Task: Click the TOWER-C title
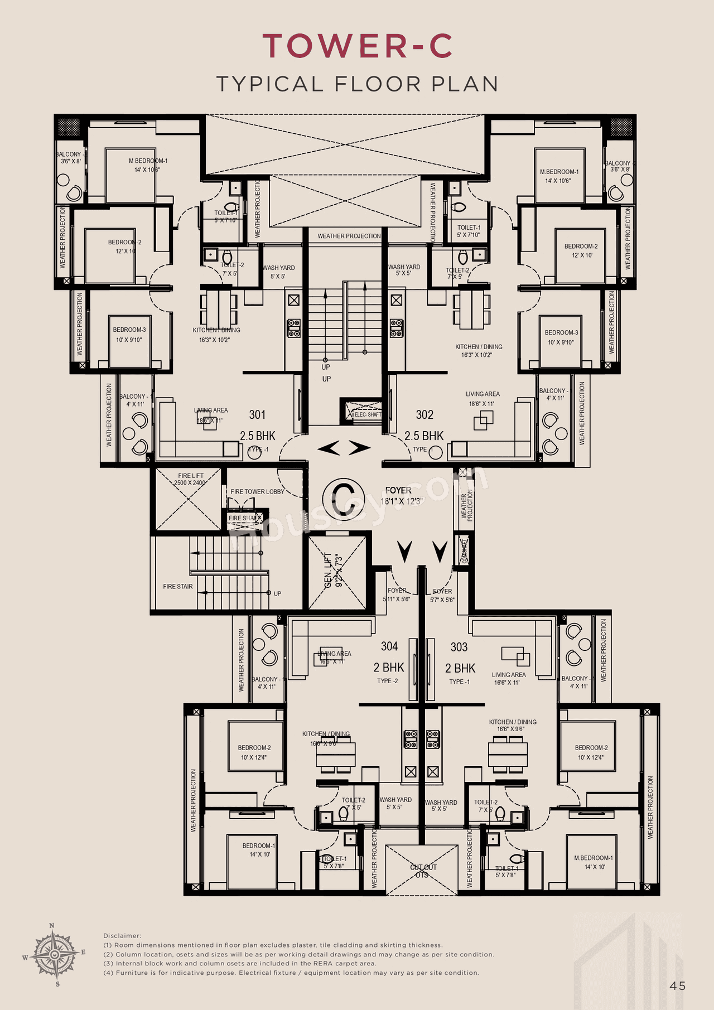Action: [x=357, y=46]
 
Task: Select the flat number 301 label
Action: [x=257, y=414]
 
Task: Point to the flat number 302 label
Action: [x=424, y=414]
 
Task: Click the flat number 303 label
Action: [x=459, y=647]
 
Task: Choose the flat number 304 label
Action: [x=389, y=646]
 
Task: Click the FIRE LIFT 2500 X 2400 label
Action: [x=190, y=479]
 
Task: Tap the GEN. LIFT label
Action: [x=333, y=571]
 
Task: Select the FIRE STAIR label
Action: [x=178, y=587]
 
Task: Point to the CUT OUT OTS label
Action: [x=423, y=871]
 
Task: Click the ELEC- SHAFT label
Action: [x=368, y=414]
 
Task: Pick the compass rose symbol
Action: [x=54, y=955]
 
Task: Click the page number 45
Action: [x=677, y=986]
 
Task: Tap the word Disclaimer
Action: [x=122, y=936]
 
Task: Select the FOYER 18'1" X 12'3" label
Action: [x=401, y=496]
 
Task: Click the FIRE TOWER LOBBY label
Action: [x=257, y=491]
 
